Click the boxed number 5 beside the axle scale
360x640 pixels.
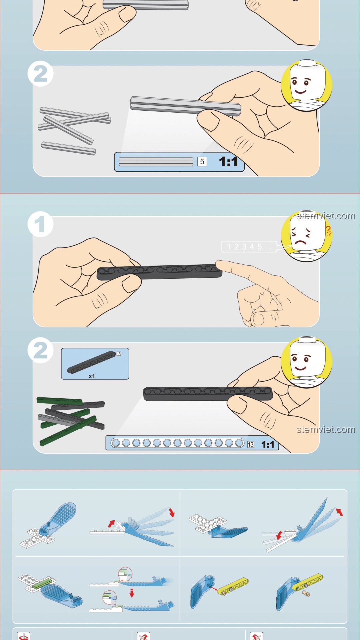coord(202,162)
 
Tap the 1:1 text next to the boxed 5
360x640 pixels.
coord(228,162)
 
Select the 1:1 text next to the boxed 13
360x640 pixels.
coord(268,444)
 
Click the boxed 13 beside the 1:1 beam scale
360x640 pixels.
coord(251,444)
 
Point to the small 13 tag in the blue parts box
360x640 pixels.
coord(119,354)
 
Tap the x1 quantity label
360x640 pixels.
coord(92,376)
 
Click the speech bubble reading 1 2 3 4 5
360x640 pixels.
coord(249,247)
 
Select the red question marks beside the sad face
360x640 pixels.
coord(329,230)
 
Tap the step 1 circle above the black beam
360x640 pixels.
coord(40,224)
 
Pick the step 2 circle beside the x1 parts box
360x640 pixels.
coord(40,350)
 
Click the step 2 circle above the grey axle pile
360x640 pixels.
coord(40,74)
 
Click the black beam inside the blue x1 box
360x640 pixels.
coord(91,362)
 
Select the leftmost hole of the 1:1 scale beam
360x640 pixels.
coord(116,443)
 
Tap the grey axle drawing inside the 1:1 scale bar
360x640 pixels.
coord(156,162)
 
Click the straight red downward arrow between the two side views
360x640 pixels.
coord(132,593)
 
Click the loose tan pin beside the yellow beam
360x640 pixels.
coord(306,593)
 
